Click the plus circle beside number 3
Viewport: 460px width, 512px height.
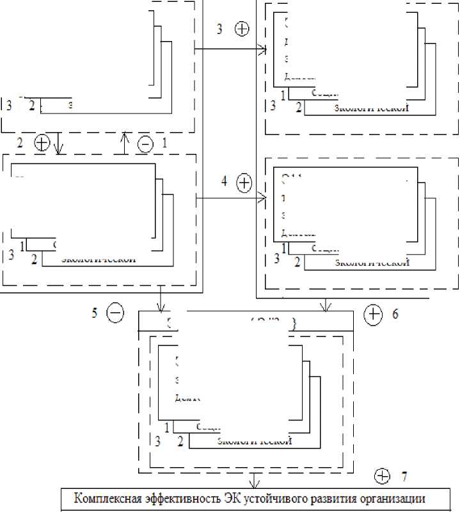pos(242,29)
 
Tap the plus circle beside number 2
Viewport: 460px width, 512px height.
pos(42,142)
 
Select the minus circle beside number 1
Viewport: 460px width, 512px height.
pos(146,144)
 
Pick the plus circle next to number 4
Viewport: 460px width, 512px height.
pos(244,183)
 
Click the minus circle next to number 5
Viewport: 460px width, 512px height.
pos(115,313)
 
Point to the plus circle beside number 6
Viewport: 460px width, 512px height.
pos(373,313)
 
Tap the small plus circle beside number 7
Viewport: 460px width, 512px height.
pos(382,476)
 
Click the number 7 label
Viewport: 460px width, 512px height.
pos(404,476)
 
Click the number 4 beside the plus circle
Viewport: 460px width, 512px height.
pos(224,181)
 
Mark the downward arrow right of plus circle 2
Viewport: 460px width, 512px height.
pos(59,143)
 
